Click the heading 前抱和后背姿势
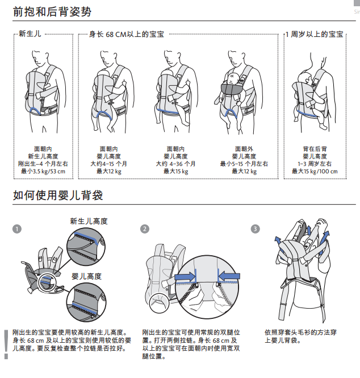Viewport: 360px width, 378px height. coord(52,11)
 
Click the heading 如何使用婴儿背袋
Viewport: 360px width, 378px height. coord(57,196)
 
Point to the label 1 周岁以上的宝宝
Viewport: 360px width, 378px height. coord(315,35)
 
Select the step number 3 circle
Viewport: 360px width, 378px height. coord(255,229)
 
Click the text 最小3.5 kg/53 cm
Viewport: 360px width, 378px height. coord(43,171)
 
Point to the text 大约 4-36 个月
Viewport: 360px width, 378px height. coord(176,164)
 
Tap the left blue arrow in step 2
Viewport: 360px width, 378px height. coord(183,277)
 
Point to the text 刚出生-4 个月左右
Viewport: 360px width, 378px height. coord(43,164)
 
